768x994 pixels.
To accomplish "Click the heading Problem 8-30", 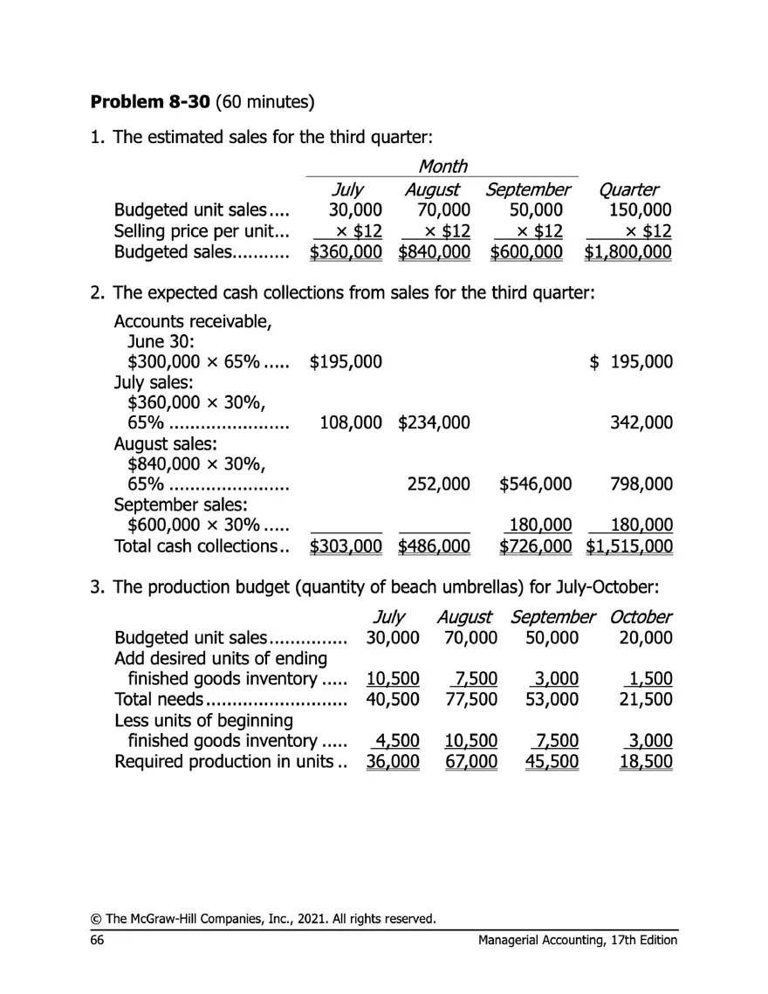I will click(147, 102).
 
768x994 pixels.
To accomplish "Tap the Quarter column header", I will click(629, 189).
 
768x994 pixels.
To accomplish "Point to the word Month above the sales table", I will click(442, 165).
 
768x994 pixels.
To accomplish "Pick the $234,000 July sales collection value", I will click(435, 423).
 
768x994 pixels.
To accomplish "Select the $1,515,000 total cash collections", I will click(629, 546).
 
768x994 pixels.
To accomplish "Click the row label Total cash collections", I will click(202, 546).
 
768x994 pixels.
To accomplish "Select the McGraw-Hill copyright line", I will click(263, 918).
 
